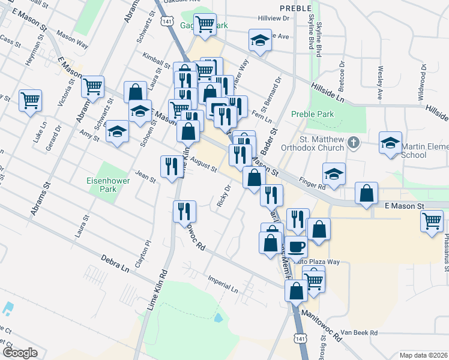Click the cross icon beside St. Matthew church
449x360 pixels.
pos(354,143)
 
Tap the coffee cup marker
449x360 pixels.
pos(295,246)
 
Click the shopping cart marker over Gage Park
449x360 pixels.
pos(205,24)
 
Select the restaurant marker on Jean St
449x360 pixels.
pos(170,165)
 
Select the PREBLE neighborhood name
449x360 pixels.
pos(295,8)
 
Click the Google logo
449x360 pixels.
pos(19,353)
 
